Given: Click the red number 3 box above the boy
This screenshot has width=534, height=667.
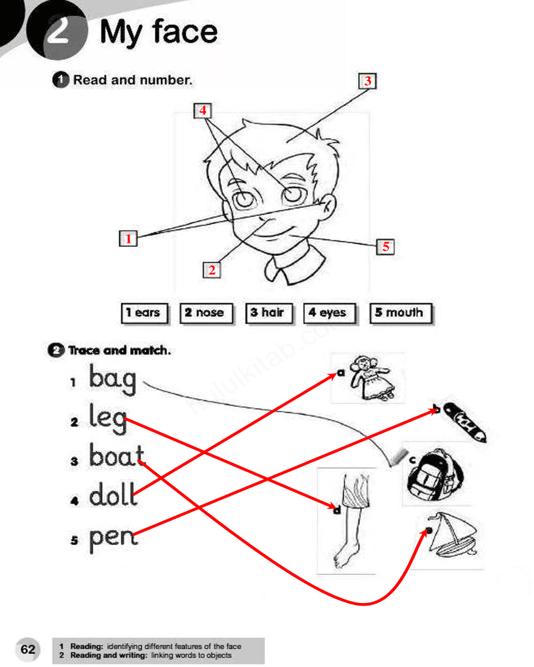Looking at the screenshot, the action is pos(367,81).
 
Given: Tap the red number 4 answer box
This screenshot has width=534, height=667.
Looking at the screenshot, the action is pos(203,111).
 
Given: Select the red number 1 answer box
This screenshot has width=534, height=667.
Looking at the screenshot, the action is pos(128,238).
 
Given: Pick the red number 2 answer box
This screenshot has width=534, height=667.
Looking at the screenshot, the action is pos(212,269).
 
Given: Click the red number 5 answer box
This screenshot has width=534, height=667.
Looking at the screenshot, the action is pos(385,246).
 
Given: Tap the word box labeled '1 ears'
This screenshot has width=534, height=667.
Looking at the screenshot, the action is pos(145,313).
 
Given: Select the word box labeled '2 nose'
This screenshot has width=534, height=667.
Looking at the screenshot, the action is pos(206,313).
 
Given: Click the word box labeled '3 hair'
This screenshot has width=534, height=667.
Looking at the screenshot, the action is pos(270,313).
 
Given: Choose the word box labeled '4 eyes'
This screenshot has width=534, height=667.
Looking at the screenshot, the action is pos(330,313).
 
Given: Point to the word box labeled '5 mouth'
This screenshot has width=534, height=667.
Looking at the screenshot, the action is pos(401,313).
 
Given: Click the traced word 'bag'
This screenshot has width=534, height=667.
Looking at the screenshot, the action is pos(113,379).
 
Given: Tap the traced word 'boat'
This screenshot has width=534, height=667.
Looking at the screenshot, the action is pos(117,455).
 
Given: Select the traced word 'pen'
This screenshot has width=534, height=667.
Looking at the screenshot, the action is pos(113,538).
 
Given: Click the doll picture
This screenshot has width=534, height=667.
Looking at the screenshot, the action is pos(372,378).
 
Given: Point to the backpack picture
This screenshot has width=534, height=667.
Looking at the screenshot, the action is pos(434,475).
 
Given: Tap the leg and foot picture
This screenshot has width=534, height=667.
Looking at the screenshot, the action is pos(350,521).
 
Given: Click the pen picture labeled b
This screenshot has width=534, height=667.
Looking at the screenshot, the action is pos(465,422).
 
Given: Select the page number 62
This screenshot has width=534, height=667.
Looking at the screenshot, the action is pos(28,650).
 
